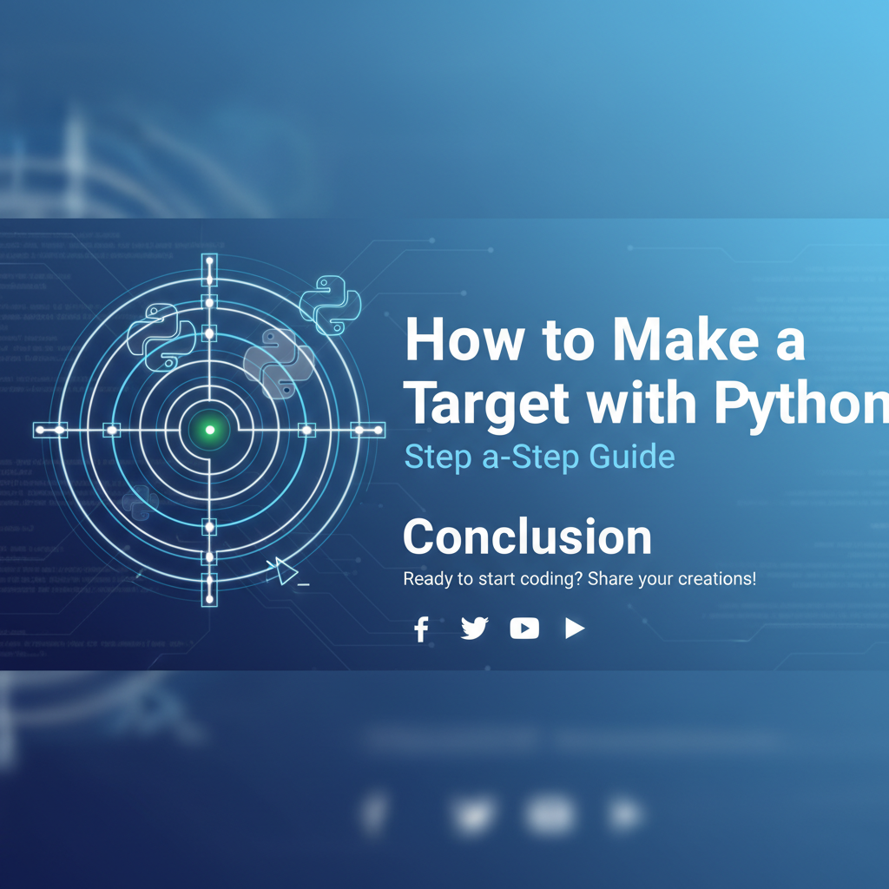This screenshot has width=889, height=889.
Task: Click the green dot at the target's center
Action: (x=209, y=429)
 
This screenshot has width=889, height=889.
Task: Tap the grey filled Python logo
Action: (x=278, y=362)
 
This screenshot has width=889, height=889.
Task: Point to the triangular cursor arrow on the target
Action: (x=284, y=570)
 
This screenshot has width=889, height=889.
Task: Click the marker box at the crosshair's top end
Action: (x=209, y=270)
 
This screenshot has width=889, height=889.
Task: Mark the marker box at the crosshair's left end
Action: (x=50, y=430)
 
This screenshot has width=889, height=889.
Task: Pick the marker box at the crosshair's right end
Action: (x=368, y=430)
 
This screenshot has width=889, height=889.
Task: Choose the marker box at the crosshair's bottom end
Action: (x=209, y=588)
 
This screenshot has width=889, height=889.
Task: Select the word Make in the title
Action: (x=662, y=340)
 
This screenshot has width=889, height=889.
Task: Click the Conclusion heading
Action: (x=527, y=537)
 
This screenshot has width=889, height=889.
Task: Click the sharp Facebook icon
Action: (x=422, y=629)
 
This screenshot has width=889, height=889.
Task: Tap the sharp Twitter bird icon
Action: (x=474, y=629)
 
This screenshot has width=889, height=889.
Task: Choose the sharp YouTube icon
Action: (x=524, y=629)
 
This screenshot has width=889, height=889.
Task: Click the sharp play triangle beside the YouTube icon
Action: (x=574, y=629)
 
